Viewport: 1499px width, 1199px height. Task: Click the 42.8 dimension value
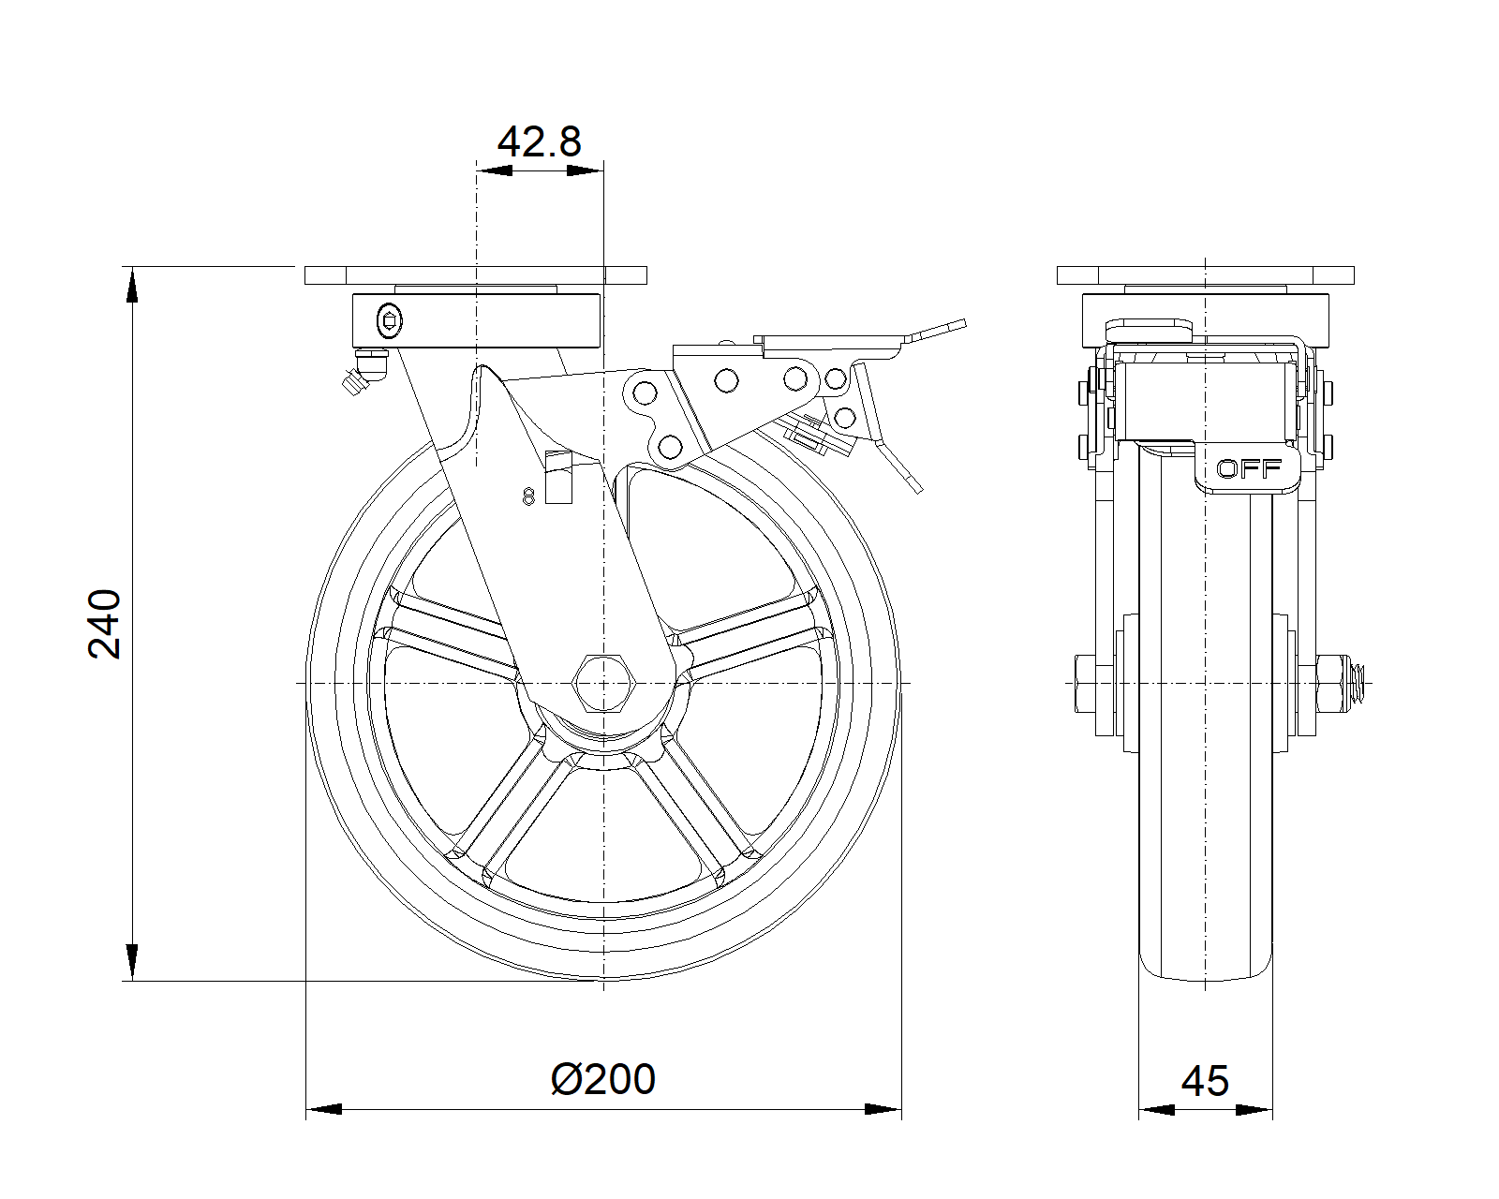539,141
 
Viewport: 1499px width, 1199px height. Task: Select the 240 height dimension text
105,624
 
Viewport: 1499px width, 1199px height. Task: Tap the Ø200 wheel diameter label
603,1079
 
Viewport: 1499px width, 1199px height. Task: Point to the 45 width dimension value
1205,1081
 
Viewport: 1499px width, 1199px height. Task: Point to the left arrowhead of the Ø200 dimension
324,1110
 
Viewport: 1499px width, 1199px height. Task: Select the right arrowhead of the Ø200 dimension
883,1110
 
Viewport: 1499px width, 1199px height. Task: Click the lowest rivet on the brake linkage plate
671,445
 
